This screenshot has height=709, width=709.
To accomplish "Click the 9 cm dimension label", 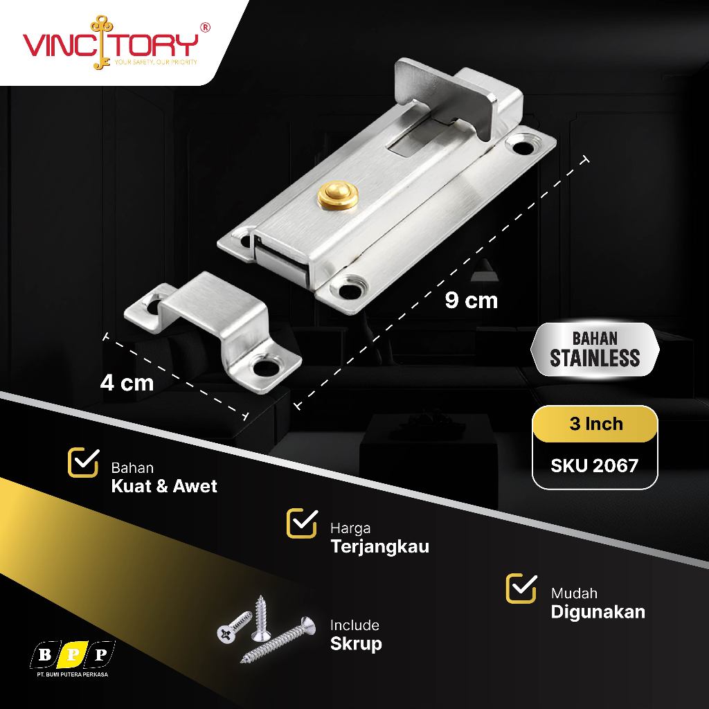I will click(471, 300).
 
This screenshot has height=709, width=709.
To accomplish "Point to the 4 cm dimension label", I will click(127, 382).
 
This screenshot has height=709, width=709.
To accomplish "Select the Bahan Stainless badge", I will click(595, 349).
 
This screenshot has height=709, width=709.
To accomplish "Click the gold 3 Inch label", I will click(595, 424).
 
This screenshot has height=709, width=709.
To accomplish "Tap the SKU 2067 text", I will click(594, 465).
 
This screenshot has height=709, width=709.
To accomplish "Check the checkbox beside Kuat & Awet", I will click(82, 463).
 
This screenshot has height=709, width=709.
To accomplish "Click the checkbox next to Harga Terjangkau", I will click(301, 523).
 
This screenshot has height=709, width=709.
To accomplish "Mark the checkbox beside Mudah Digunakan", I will click(521, 588).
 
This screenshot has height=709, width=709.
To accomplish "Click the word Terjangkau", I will click(379, 546).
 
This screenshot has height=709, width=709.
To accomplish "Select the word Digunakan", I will click(598, 611).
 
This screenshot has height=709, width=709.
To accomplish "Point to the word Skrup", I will click(356, 644).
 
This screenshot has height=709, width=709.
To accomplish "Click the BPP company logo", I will click(73, 653).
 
